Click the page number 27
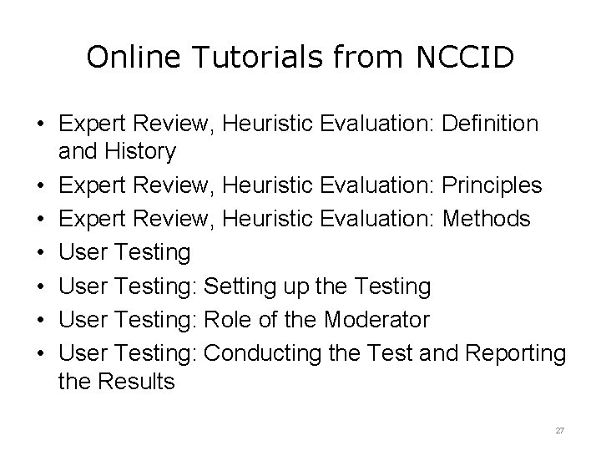pyautogui.click(x=560, y=430)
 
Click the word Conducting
pyautogui.click(x=258, y=352)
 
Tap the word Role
pyautogui.click(x=226, y=320)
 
